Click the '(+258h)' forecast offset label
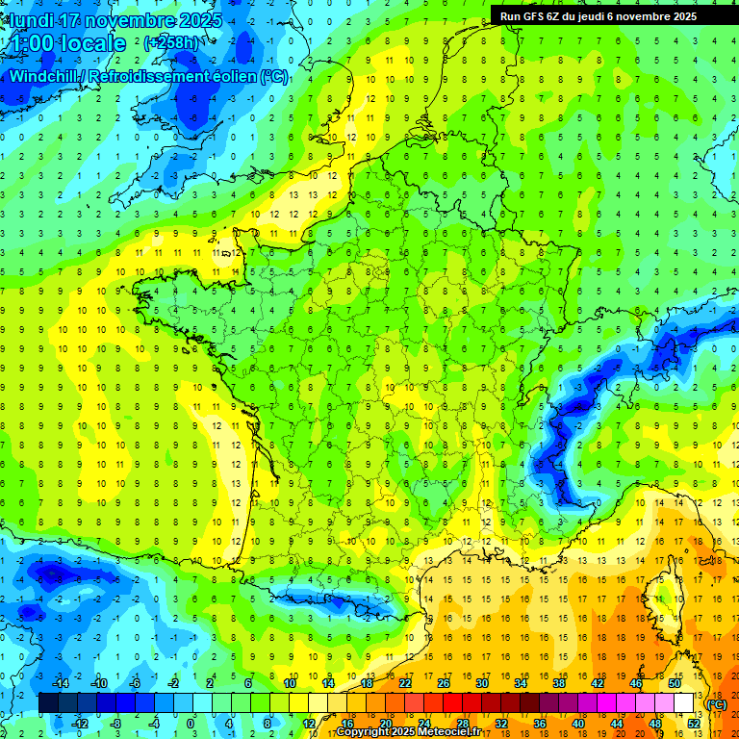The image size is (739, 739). [x=171, y=43]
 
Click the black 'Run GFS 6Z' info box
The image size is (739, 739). [x=605, y=15]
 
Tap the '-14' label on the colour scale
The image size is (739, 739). [x=60, y=683]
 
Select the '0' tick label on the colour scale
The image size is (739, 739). [x=190, y=723]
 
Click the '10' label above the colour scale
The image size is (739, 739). [x=289, y=683]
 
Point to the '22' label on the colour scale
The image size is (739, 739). [x=405, y=683]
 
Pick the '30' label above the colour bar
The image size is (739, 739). [x=482, y=683]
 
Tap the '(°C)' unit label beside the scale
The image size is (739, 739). [x=716, y=704]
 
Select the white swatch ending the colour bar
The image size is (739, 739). [x=684, y=703]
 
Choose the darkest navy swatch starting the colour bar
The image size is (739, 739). [x=48, y=703]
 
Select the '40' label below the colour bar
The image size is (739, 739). [x=577, y=723]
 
